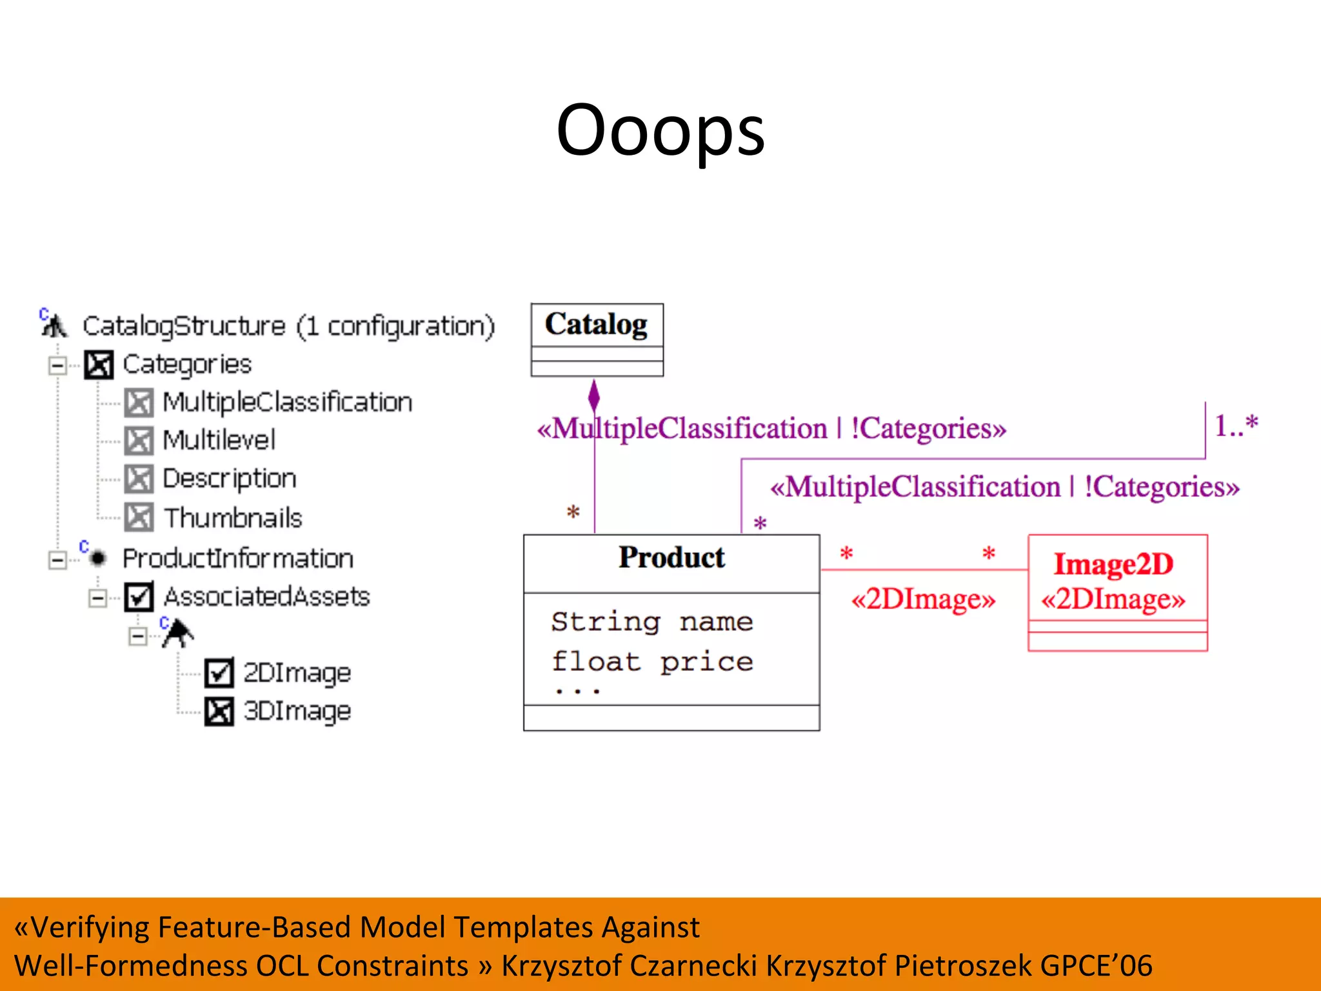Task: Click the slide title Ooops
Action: point(660,131)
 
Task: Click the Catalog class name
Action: point(596,325)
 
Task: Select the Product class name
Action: point(671,557)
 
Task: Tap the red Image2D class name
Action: point(1113,564)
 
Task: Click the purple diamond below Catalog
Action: point(594,395)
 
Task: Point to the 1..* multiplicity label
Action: point(1236,426)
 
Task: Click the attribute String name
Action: point(651,622)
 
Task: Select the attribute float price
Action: point(651,662)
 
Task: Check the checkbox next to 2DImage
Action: point(219,673)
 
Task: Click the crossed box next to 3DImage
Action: point(219,712)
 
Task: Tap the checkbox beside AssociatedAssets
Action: point(139,597)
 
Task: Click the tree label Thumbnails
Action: point(232,518)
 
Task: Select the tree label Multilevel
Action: point(219,441)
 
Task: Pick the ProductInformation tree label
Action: point(238,559)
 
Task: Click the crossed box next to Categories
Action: point(99,365)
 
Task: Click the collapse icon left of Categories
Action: point(57,366)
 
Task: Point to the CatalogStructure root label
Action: point(288,326)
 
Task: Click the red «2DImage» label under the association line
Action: point(923,599)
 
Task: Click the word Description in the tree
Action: point(229,479)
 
